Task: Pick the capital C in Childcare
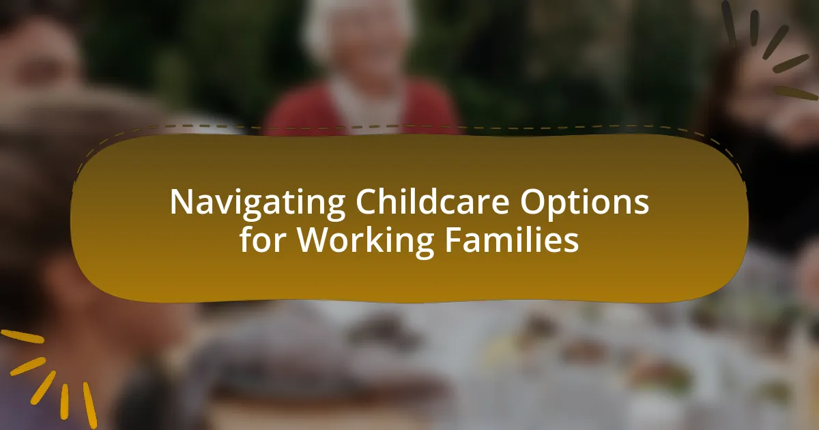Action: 367,202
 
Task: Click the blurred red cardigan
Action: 423,109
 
